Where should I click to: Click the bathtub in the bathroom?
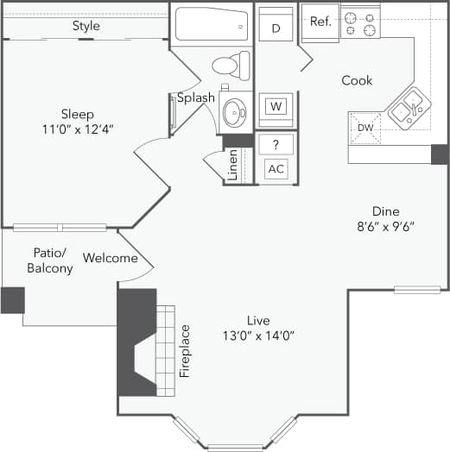[212, 25]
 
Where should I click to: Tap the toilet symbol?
[231, 66]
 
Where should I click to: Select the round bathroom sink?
[233, 112]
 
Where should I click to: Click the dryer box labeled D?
[276, 28]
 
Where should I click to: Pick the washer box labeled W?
[276, 106]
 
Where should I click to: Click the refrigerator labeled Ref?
[320, 22]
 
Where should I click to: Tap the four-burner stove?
[361, 23]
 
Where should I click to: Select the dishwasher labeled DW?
[365, 129]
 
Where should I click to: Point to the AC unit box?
[276, 168]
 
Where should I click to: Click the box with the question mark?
[276, 144]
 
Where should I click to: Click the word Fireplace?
[184, 351]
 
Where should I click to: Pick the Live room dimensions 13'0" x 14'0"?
[258, 336]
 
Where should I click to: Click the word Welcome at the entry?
[111, 258]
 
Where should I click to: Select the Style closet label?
[86, 26]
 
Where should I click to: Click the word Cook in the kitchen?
[357, 80]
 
